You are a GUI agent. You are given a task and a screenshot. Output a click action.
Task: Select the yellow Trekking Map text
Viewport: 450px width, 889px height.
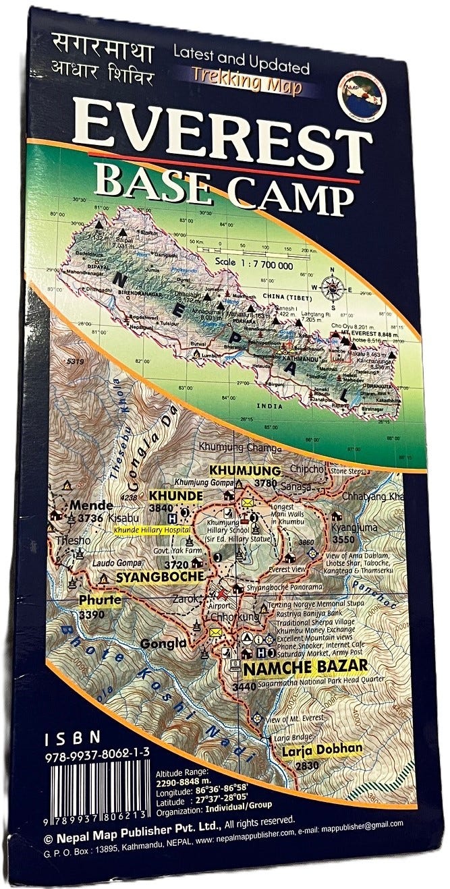(246, 88)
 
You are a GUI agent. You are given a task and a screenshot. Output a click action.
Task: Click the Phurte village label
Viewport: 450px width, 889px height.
(100, 600)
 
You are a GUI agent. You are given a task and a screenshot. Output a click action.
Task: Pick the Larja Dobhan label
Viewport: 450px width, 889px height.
(323, 748)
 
